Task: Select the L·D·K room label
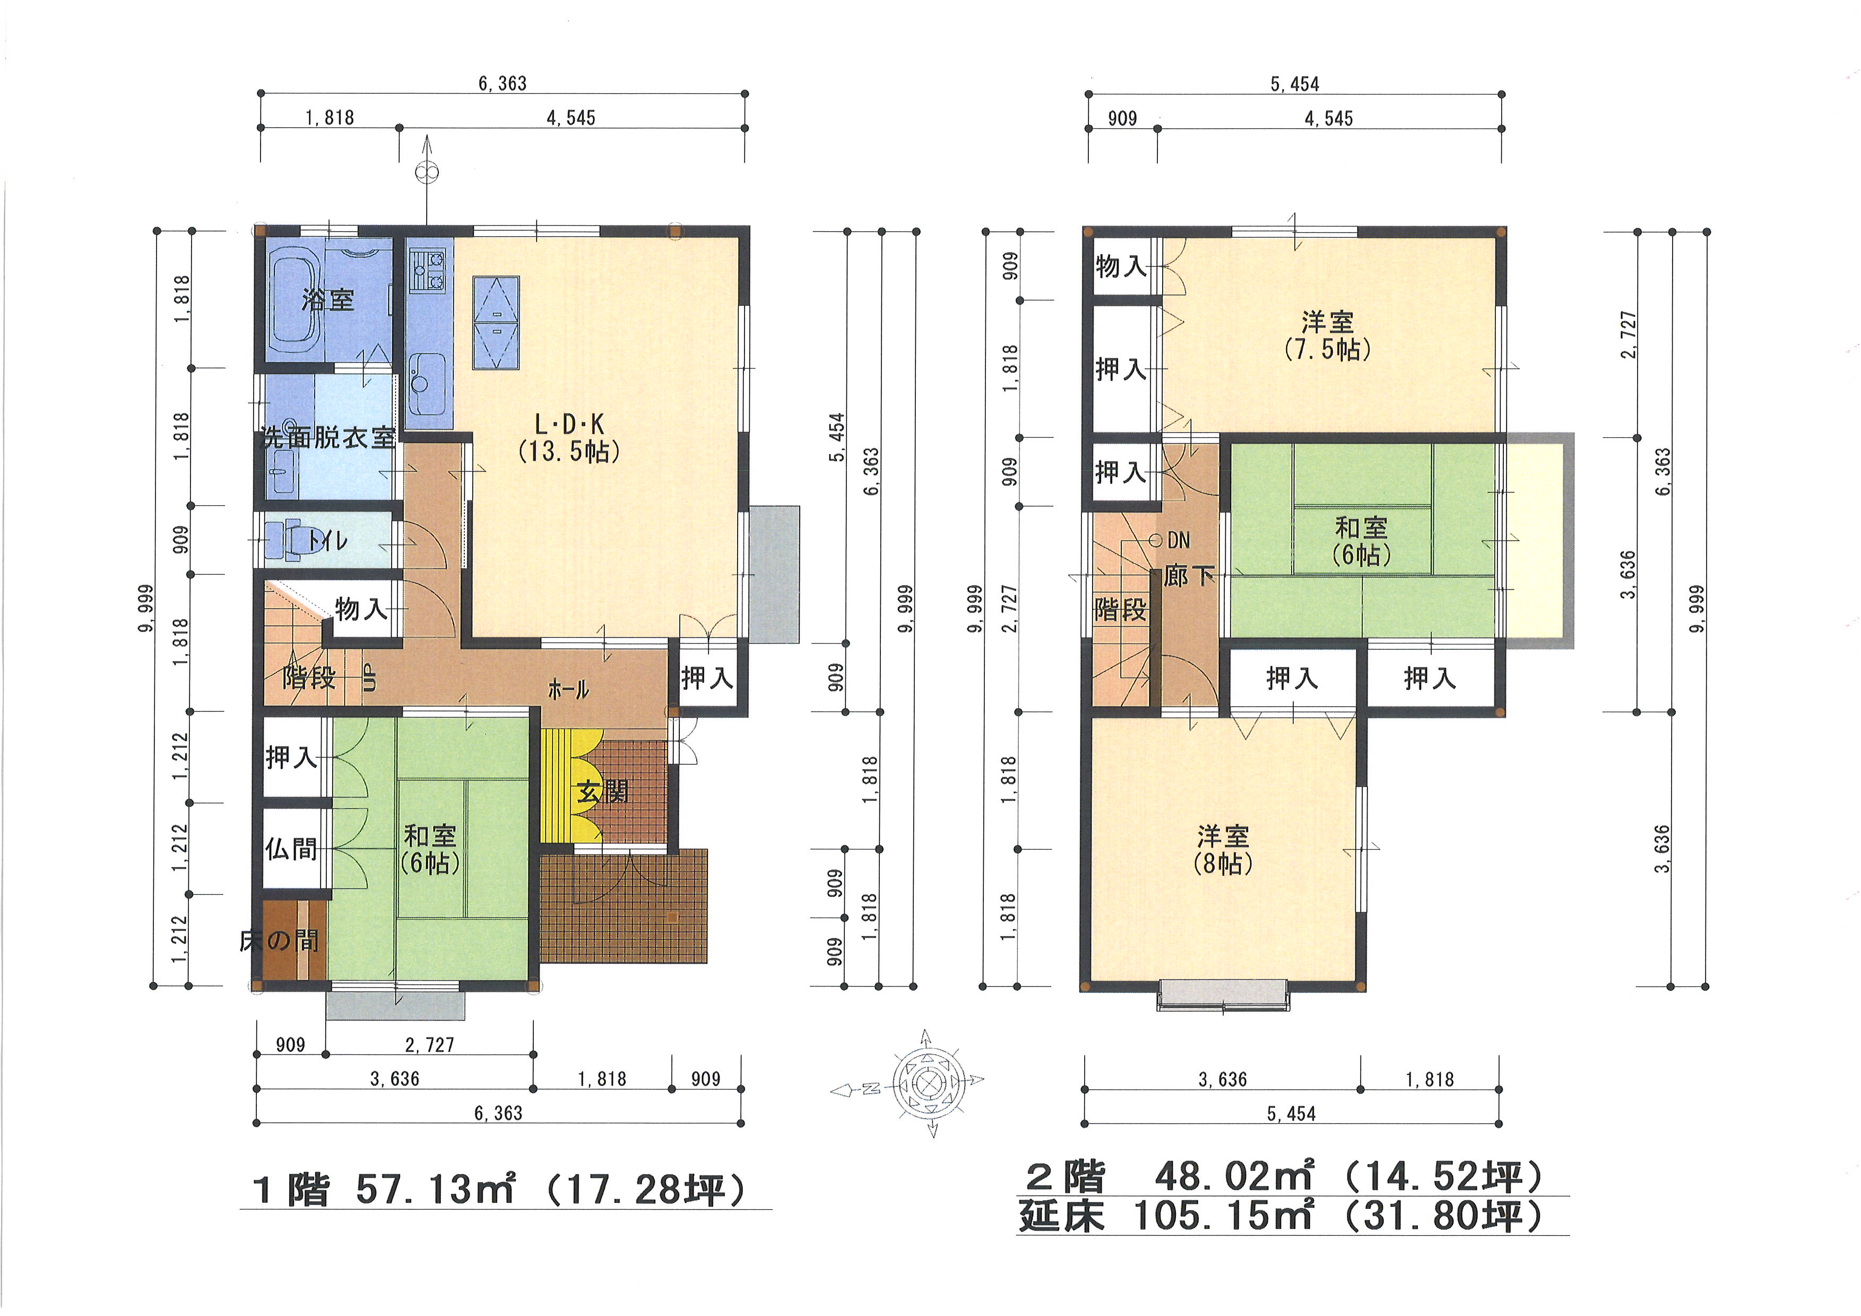tap(569, 424)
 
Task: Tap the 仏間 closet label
tap(291, 849)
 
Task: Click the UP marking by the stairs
tap(370, 678)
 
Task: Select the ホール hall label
tap(568, 690)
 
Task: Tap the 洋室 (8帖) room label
tap(1223, 849)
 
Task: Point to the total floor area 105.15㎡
tap(1222, 1216)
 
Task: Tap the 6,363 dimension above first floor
tap(503, 83)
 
